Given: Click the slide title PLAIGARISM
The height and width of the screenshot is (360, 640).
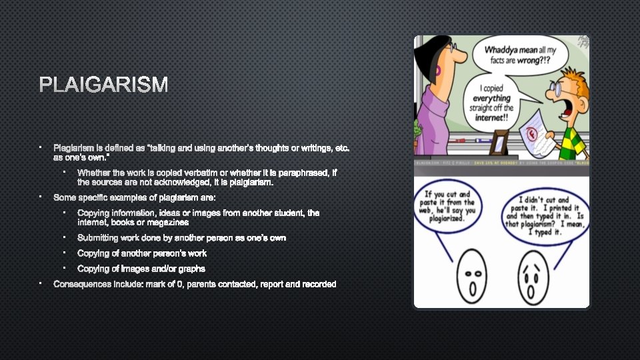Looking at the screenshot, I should pyautogui.click(x=103, y=85).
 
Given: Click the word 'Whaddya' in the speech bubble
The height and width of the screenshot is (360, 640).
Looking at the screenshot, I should pyautogui.click(x=503, y=51).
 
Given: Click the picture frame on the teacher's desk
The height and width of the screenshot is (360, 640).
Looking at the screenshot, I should pyautogui.click(x=498, y=143).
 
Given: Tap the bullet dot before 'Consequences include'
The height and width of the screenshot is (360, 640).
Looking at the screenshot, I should pyautogui.click(x=40, y=284).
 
